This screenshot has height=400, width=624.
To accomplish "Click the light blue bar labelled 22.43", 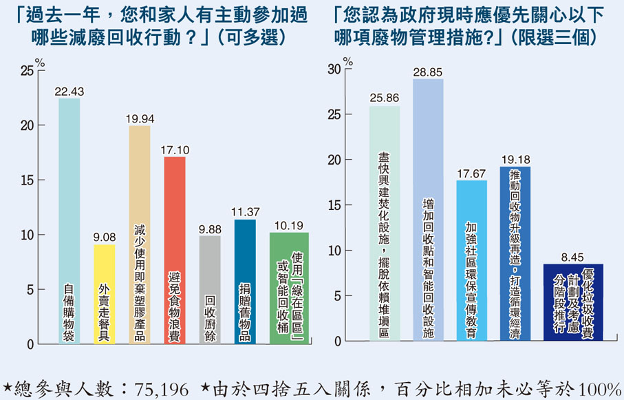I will (x=69, y=220).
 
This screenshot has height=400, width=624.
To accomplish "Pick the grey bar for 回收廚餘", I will (x=210, y=289).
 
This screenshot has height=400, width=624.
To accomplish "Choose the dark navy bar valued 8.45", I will (x=573, y=302).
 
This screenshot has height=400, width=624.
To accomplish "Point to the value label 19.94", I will (x=140, y=119).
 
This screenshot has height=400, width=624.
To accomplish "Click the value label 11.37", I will (x=245, y=212).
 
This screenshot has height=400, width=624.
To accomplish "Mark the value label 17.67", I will (x=471, y=173).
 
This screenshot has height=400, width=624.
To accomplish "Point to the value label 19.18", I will (x=515, y=160).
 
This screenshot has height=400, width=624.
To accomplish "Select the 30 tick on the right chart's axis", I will (x=334, y=70).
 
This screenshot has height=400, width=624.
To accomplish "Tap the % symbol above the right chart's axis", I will (x=347, y=61).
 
